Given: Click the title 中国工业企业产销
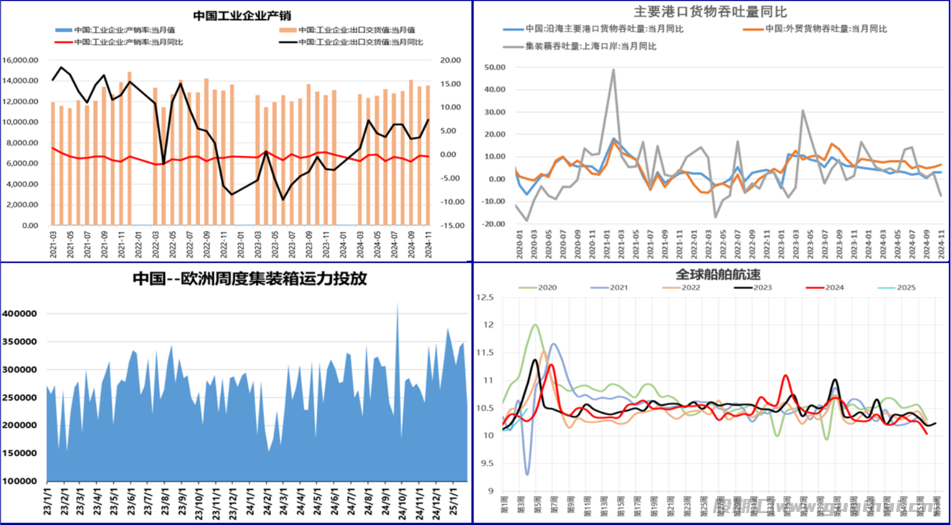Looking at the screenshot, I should click(x=242, y=16).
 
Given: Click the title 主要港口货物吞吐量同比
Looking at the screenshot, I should click(x=710, y=12).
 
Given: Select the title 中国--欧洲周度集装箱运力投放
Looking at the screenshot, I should click(x=249, y=279).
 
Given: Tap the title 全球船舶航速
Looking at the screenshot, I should click(x=718, y=274).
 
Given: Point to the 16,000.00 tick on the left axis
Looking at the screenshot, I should click(x=20, y=60).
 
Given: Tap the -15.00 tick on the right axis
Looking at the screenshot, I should click(x=451, y=226).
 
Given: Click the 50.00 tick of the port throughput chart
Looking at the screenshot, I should click(x=495, y=67).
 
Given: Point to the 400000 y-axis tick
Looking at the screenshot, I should click(x=20, y=314).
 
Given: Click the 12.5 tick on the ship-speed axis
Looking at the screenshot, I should click(x=485, y=297).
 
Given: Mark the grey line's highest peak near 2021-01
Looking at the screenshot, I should click(x=613, y=70).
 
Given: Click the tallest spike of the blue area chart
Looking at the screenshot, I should click(x=397, y=303).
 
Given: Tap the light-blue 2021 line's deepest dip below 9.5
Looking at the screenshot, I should click(x=527, y=474).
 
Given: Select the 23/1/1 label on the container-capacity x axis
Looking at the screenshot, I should click(x=48, y=502).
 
